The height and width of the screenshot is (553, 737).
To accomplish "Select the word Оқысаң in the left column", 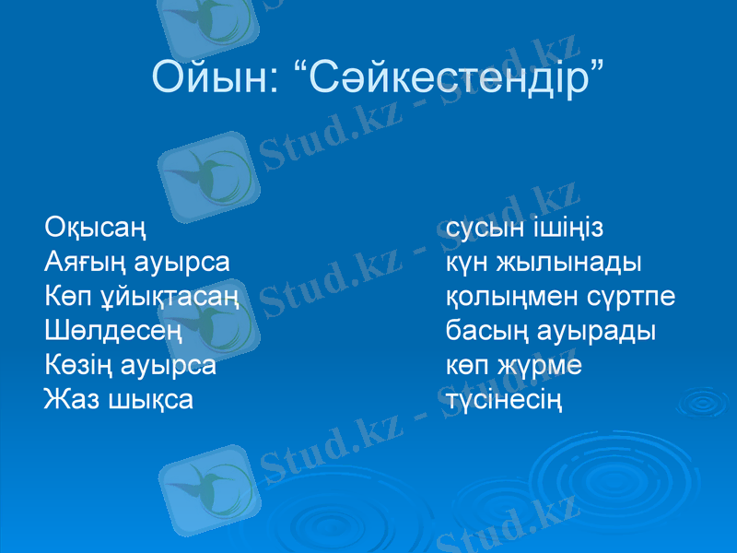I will (x=95, y=228).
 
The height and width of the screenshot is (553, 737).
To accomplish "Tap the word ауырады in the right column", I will (x=598, y=331).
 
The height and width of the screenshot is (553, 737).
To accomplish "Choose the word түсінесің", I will (x=505, y=401).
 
